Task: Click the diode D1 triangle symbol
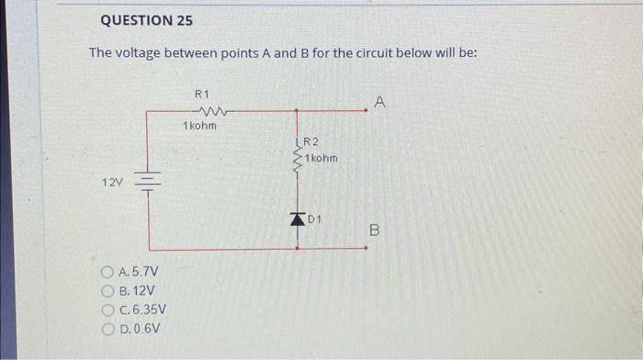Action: coord(297,219)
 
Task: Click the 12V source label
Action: coord(112,183)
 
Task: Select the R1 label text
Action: coord(203,94)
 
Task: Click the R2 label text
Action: coord(310,141)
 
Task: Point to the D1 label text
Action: coord(315,219)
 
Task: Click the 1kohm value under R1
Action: coord(200,125)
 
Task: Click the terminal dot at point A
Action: coord(367,111)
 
